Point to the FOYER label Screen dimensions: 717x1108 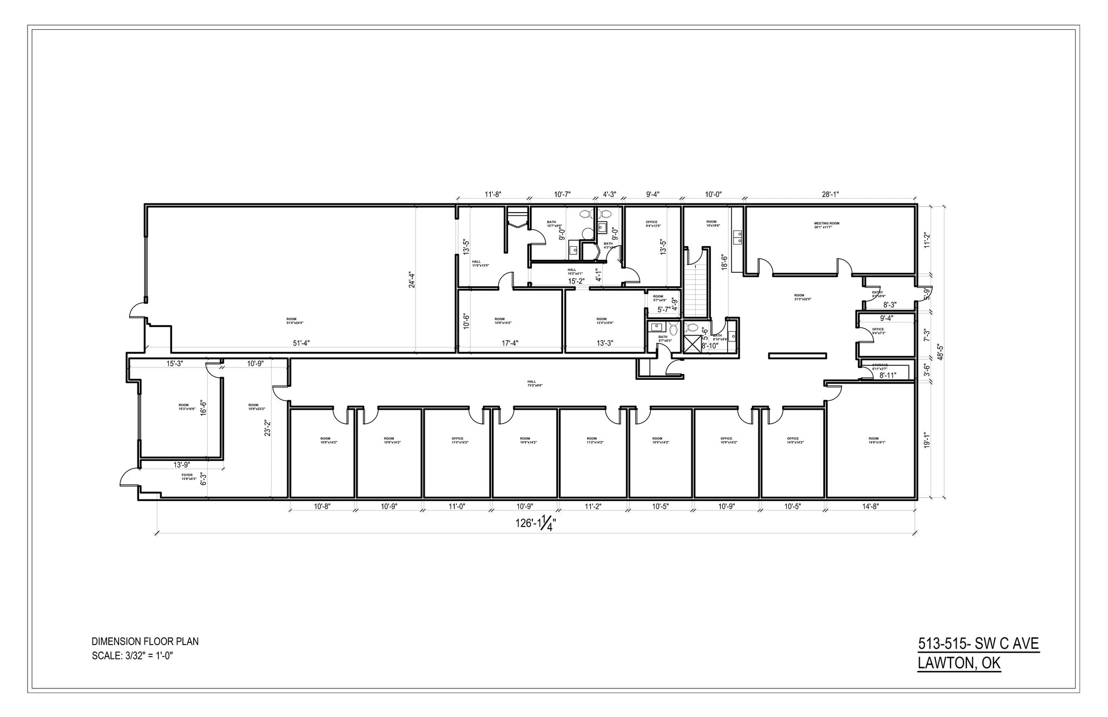click(x=187, y=477)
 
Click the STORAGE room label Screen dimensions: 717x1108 click(x=880, y=367)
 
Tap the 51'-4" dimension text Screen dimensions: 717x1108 click(x=301, y=343)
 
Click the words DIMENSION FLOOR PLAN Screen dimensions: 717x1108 click(x=145, y=642)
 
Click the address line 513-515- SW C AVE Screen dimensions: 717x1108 click(x=978, y=644)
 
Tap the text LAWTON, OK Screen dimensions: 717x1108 click(x=959, y=663)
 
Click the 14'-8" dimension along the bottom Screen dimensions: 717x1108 click(x=870, y=506)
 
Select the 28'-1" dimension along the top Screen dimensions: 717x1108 click(x=830, y=194)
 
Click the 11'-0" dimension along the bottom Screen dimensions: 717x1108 click(x=457, y=506)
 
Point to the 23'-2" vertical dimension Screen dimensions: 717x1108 click(x=267, y=428)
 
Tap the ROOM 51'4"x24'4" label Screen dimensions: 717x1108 click(x=295, y=321)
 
